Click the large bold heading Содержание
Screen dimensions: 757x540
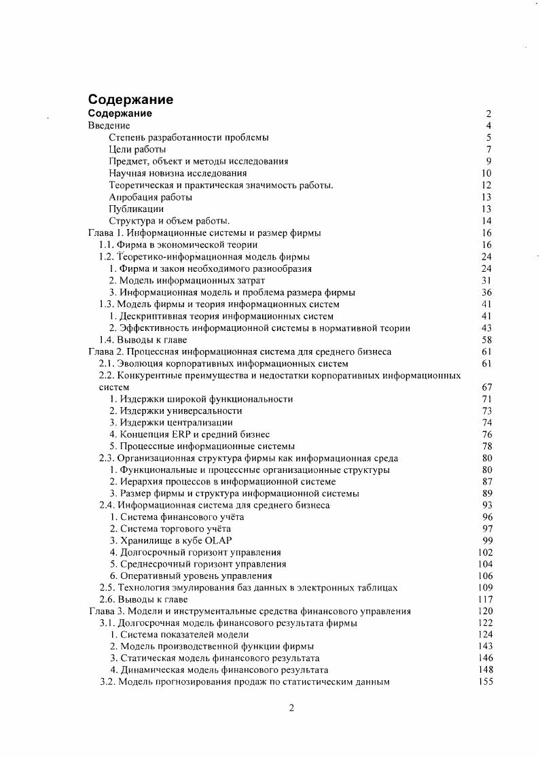click(x=130, y=99)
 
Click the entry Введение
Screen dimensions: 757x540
click(x=109, y=126)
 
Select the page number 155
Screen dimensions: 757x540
click(x=485, y=682)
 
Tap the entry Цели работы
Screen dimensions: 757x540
click(x=137, y=149)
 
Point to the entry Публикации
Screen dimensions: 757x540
click(x=136, y=209)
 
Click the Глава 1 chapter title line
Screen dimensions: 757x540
click(x=204, y=232)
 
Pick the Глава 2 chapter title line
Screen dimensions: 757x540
click(x=240, y=351)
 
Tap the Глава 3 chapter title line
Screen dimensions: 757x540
click(x=249, y=612)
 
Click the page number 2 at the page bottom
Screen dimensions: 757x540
click(x=291, y=709)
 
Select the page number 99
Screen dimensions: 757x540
click(x=486, y=541)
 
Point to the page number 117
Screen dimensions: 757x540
click(x=485, y=600)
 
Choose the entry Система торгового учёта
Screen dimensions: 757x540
click(x=170, y=529)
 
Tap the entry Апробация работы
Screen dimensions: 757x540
click(x=150, y=197)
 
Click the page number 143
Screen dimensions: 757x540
click(x=485, y=647)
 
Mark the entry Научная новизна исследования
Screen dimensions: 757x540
click(x=178, y=173)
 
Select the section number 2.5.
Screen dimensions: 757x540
click(x=106, y=588)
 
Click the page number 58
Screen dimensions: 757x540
click(x=486, y=340)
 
